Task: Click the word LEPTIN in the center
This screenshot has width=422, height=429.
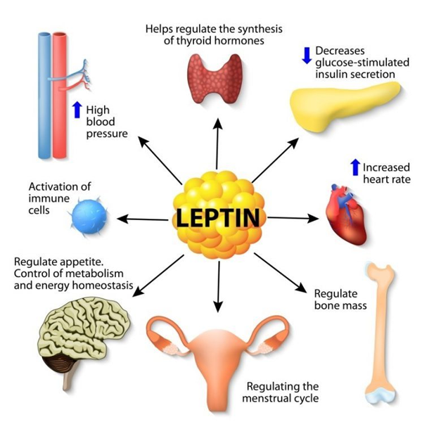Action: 217,217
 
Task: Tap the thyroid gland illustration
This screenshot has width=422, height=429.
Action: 215,79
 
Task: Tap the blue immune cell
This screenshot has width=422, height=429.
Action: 89,217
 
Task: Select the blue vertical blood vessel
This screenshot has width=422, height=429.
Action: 44,96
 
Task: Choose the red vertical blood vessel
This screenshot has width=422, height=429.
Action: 60,96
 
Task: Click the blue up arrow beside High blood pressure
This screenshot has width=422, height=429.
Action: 77,110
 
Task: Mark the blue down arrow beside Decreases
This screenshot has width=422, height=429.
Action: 307,56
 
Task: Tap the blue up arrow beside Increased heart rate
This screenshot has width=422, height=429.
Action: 355,167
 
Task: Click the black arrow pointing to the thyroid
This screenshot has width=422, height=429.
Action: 217,144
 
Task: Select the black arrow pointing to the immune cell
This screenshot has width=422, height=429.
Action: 142,219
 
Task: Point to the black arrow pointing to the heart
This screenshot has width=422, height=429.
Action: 293,218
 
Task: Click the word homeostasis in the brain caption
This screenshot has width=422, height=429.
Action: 103,285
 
